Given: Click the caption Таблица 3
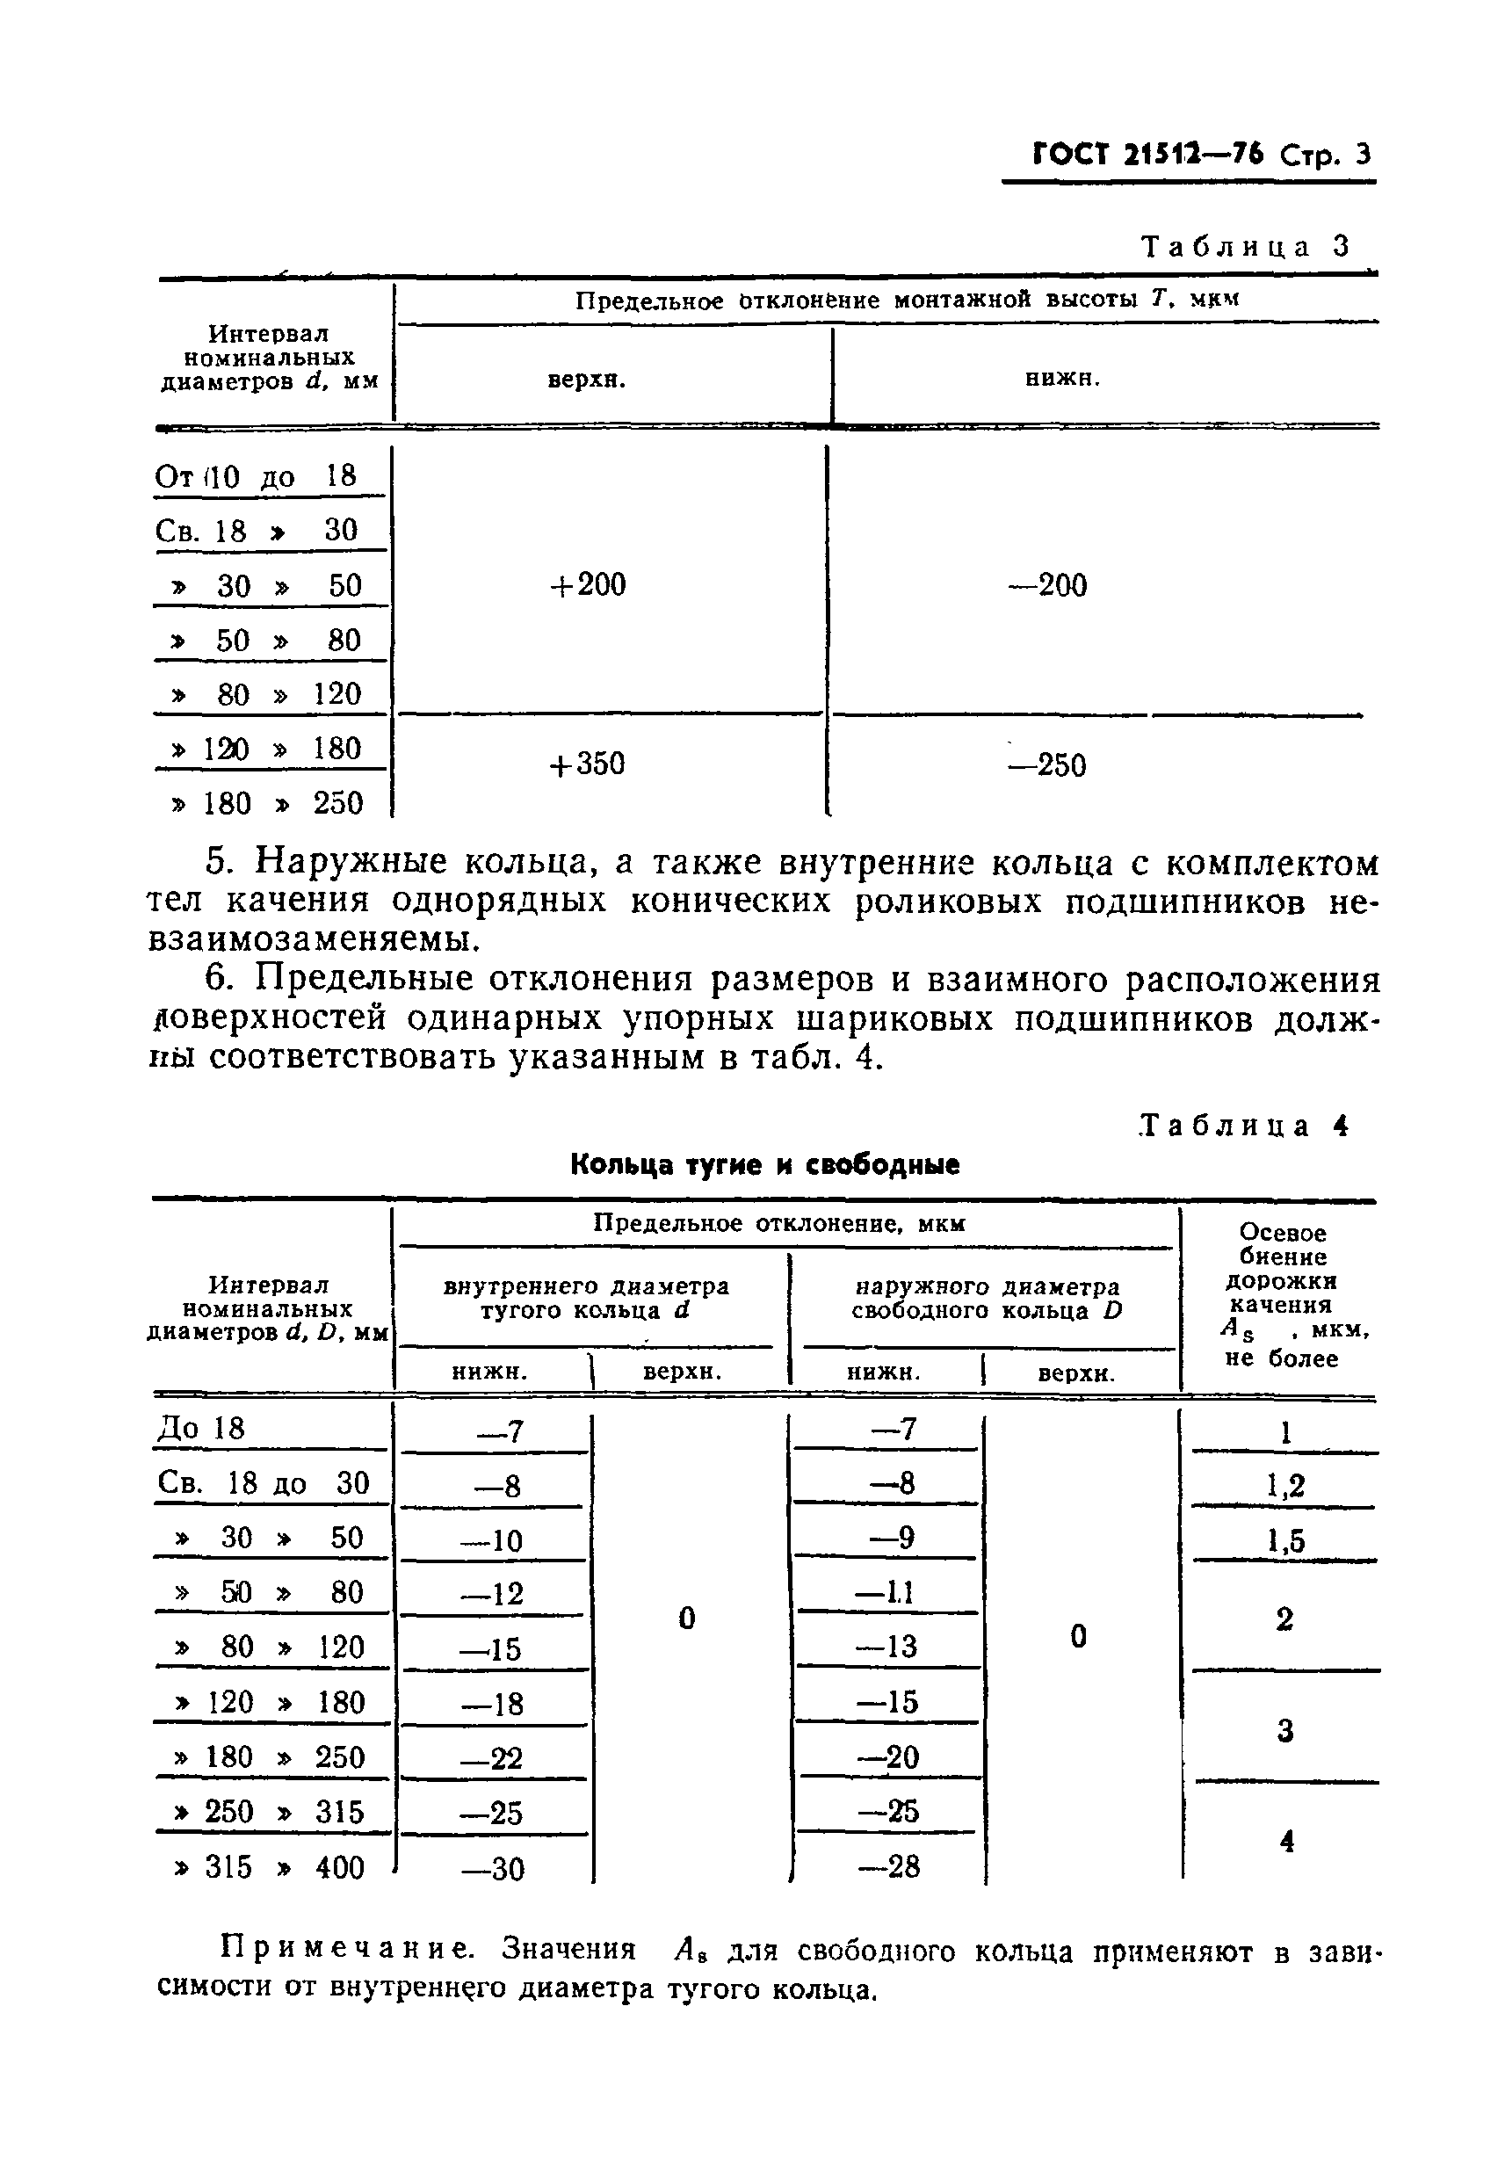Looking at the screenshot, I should (1246, 246).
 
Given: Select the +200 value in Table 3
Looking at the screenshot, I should (587, 584).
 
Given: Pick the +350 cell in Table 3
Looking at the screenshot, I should (587, 763).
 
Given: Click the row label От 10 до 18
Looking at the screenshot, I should (256, 476).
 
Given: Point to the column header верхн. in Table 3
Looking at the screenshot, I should (587, 380).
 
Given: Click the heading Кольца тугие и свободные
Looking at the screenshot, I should (764, 1164).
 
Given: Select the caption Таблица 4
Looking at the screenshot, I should (1244, 1125).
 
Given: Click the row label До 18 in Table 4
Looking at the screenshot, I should (201, 1429).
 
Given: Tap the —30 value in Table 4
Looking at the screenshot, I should (492, 1868).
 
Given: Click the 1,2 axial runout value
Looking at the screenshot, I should (1284, 1486).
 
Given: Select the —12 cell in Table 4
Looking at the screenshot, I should (492, 1594).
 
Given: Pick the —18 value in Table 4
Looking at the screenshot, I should (492, 1703).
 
